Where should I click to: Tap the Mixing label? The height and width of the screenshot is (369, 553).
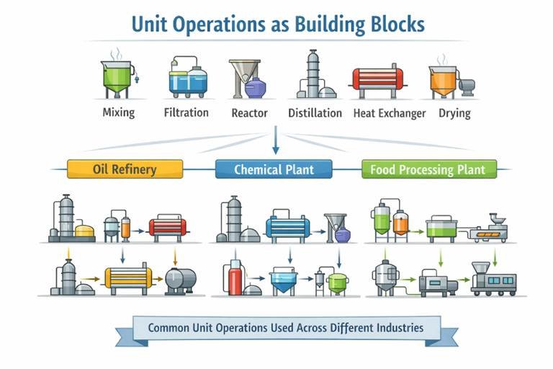point(119,112)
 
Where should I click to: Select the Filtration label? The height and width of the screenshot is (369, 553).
point(186,112)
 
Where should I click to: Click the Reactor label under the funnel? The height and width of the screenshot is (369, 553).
point(249,113)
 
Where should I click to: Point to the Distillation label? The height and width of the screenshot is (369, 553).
point(315,113)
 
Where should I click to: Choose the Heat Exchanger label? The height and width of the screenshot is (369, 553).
point(390,113)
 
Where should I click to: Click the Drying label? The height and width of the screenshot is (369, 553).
point(454,113)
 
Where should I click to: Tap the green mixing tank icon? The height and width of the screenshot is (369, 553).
point(117,76)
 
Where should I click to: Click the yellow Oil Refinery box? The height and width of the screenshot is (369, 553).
point(125,170)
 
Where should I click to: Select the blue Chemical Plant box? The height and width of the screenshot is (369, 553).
point(274,170)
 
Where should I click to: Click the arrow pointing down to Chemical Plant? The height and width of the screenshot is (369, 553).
point(274,144)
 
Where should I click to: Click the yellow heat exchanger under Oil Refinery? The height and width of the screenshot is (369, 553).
point(130,277)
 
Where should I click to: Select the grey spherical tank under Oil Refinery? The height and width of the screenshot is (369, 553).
point(178,280)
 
